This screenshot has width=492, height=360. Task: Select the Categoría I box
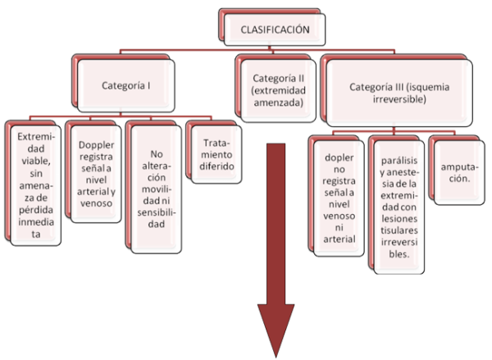pyautogui.click(x=125, y=84)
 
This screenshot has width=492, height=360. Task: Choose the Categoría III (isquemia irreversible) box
pyautogui.click(x=401, y=91)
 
